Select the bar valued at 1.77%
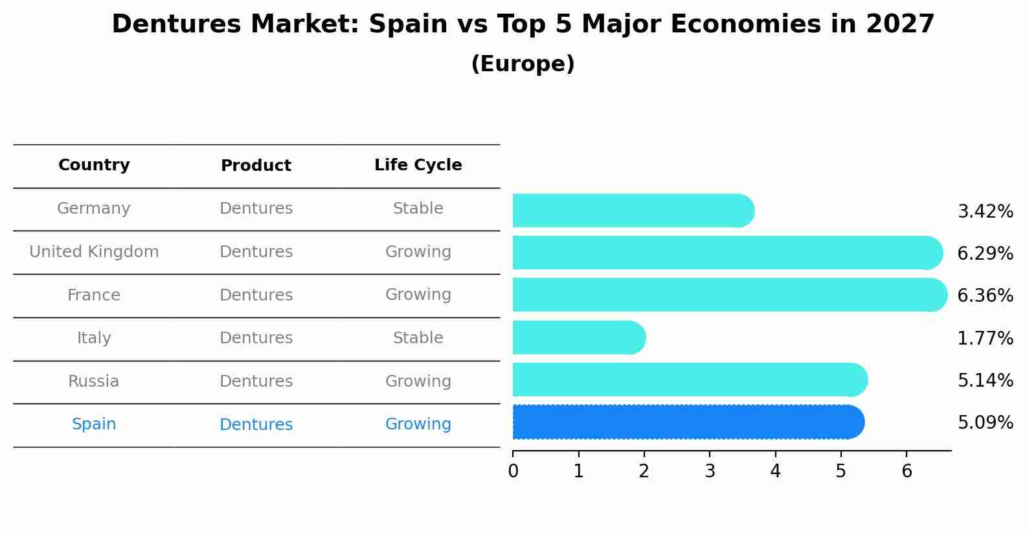578,337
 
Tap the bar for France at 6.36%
729,295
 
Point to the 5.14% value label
985,380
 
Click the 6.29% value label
985,253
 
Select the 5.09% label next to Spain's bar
985,423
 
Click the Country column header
94,165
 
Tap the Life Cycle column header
418,165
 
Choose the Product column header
256,166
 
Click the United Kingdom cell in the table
94,252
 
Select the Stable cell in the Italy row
418,338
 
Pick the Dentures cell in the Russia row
256,381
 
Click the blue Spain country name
94,424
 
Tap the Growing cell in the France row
418,295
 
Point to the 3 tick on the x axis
710,471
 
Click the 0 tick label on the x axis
513,471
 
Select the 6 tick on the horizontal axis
907,471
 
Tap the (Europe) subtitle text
523,64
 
